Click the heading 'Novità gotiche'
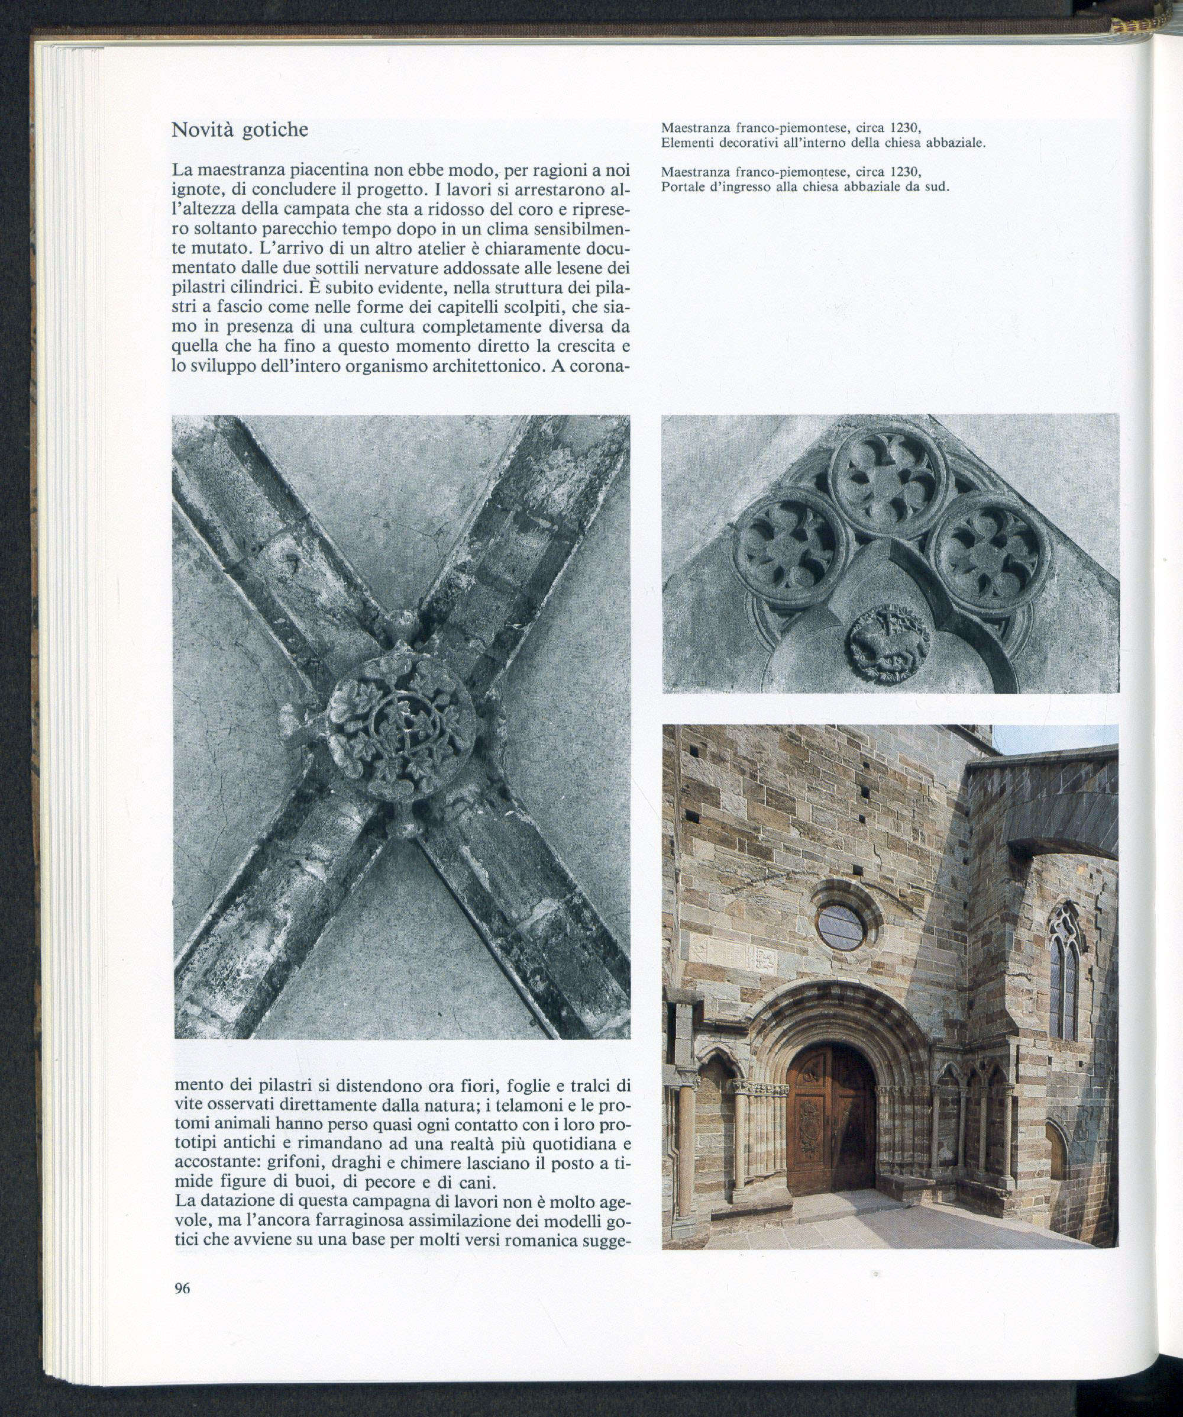coord(240,130)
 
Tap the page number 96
coord(182,1288)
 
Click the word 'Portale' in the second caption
coord(683,187)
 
